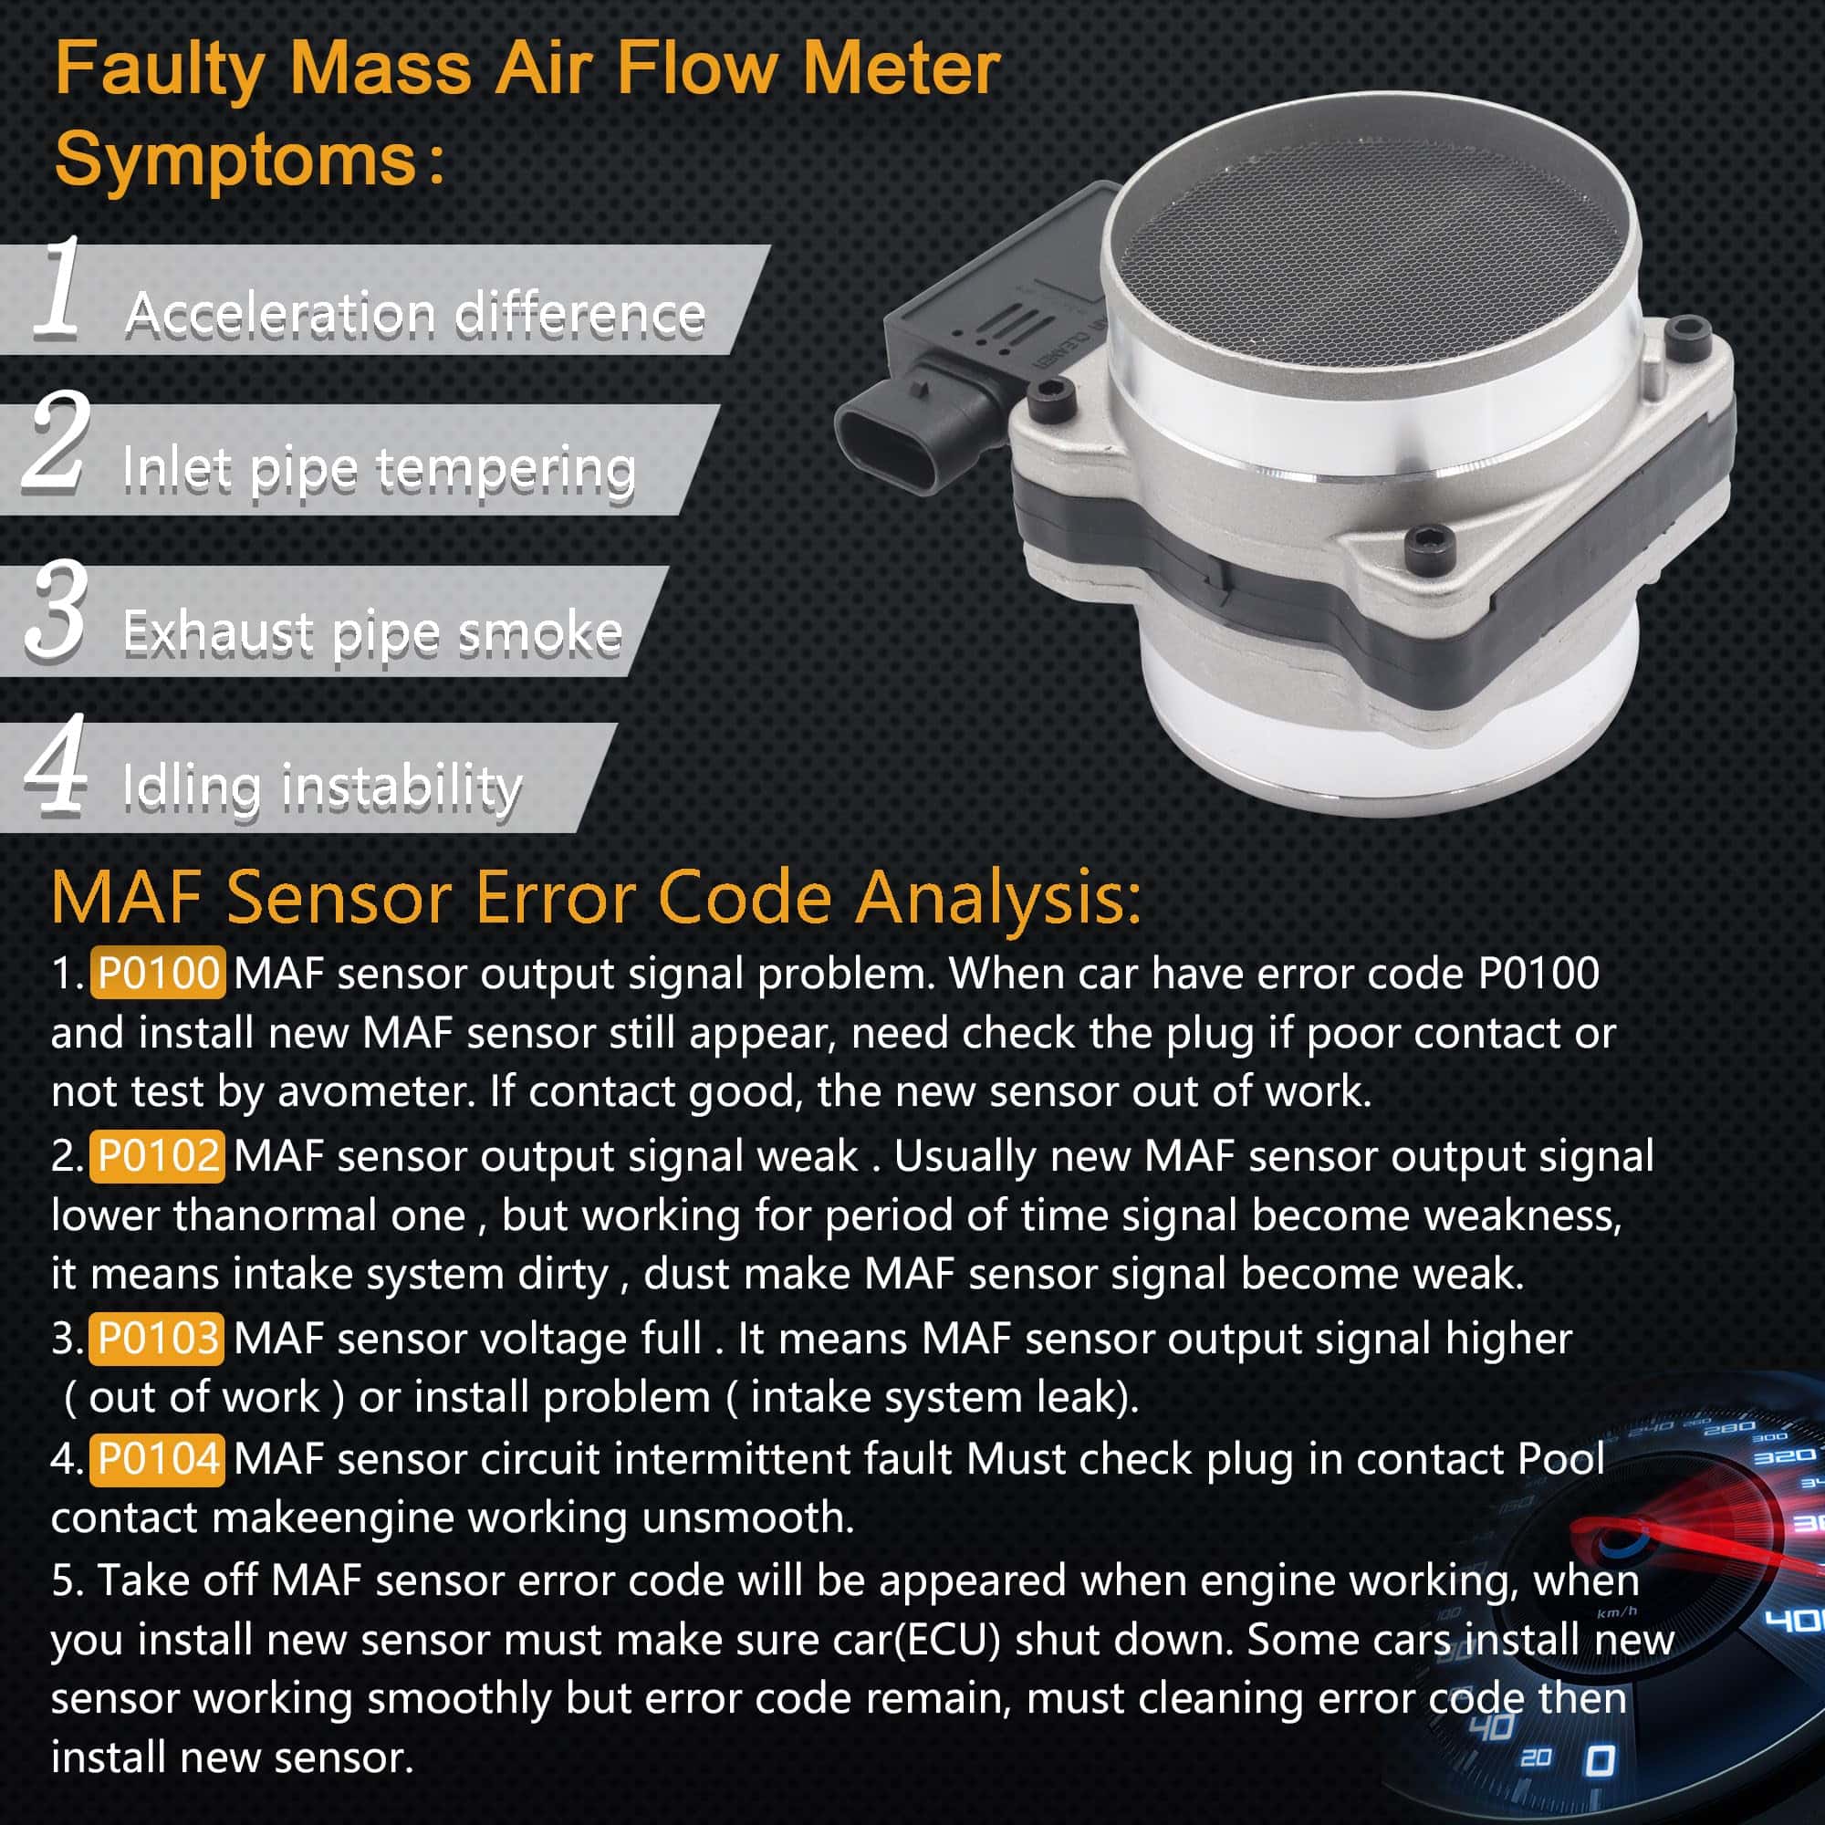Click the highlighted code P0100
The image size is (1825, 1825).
(x=158, y=972)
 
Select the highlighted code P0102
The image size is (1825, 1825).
(x=158, y=1155)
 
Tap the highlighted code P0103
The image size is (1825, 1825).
(x=158, y=1339)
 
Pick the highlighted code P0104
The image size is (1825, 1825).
(x=158, y=1459)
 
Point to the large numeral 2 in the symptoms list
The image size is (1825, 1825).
(x=57, y=441)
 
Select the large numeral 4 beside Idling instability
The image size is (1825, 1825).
(x=57, y=763)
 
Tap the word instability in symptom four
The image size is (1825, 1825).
(x=401, y=786)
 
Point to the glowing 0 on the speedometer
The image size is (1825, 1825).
(x=1601, y=1761)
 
